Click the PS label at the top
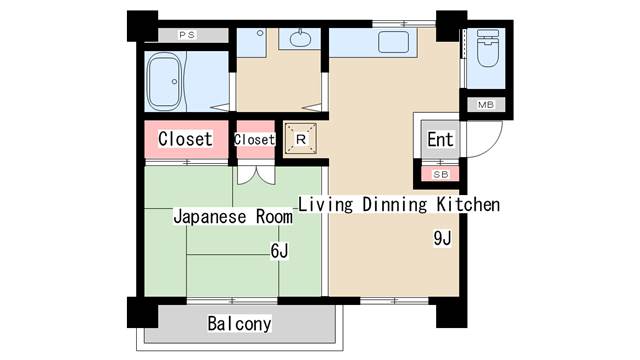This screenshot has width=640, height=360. point(186,35)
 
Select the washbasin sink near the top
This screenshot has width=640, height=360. point(300,40)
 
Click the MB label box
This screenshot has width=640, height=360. point(485,105)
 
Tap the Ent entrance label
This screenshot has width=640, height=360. point(441,140)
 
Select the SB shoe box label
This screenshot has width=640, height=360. point(441,174)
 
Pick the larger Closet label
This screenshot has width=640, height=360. point(186,139)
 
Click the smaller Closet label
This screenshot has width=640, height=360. point(253,140)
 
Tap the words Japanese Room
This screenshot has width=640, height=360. point(233,216)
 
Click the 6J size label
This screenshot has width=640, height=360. point(279,252)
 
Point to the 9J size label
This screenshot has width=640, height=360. point(443,238)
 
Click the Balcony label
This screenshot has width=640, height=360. point(240,324)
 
